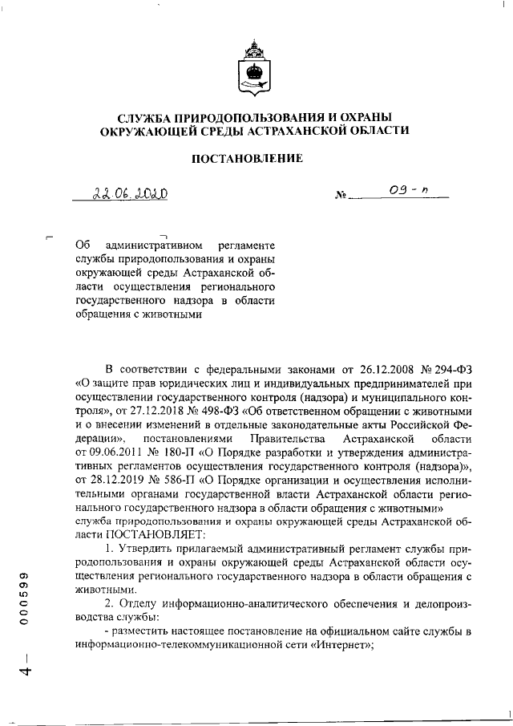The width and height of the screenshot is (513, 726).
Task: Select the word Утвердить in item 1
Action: click(147, 550)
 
